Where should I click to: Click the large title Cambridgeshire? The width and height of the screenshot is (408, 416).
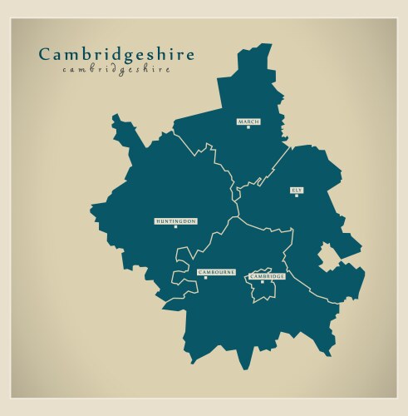[116, 56]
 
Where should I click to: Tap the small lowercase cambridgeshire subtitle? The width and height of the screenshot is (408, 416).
[116, 70]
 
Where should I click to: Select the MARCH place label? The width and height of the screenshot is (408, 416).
[248, 121]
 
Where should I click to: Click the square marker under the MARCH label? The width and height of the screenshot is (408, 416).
[248, 127]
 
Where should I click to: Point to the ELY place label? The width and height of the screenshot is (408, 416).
[297, 190]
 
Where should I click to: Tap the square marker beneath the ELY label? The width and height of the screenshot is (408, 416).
[297, 196]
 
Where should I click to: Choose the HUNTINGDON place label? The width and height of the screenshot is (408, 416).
[176, 221]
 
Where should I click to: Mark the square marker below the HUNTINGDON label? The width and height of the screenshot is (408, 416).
[176, 227]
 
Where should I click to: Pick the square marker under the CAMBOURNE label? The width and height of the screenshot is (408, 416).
[206, 278]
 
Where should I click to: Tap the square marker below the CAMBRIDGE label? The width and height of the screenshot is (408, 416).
[263, 281]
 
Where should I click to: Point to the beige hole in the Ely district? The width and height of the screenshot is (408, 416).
[327, 257]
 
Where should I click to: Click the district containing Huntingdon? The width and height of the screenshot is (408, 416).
[158, 191]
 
